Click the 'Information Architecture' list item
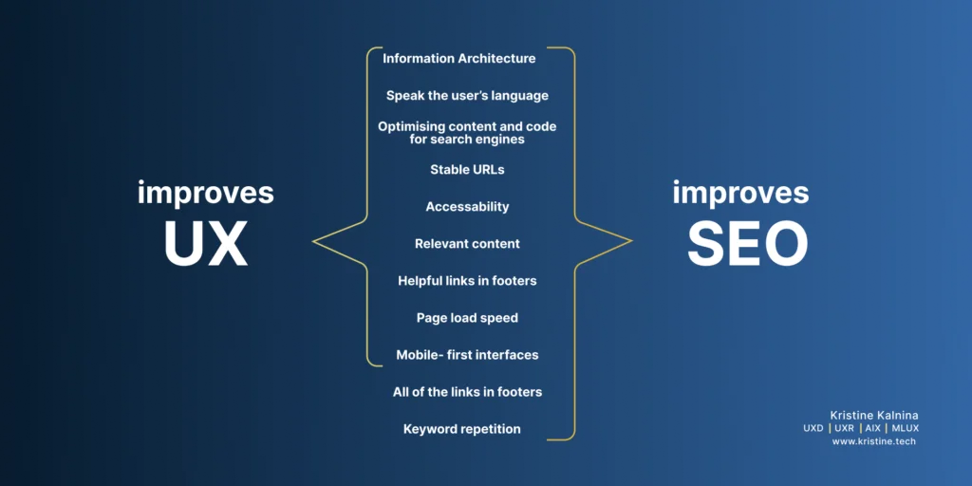458,59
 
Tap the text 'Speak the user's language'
467,96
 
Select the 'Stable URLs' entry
467,170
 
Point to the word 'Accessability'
467,207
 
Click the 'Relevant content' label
467,244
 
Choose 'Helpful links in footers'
467,281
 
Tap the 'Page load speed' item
467,318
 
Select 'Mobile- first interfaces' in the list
467,355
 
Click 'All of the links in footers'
467,392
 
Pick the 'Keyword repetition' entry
461,429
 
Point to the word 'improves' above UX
205,193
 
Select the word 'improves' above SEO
740,193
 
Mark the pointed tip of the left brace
314,241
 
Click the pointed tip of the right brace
630,241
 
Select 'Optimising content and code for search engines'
467,133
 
